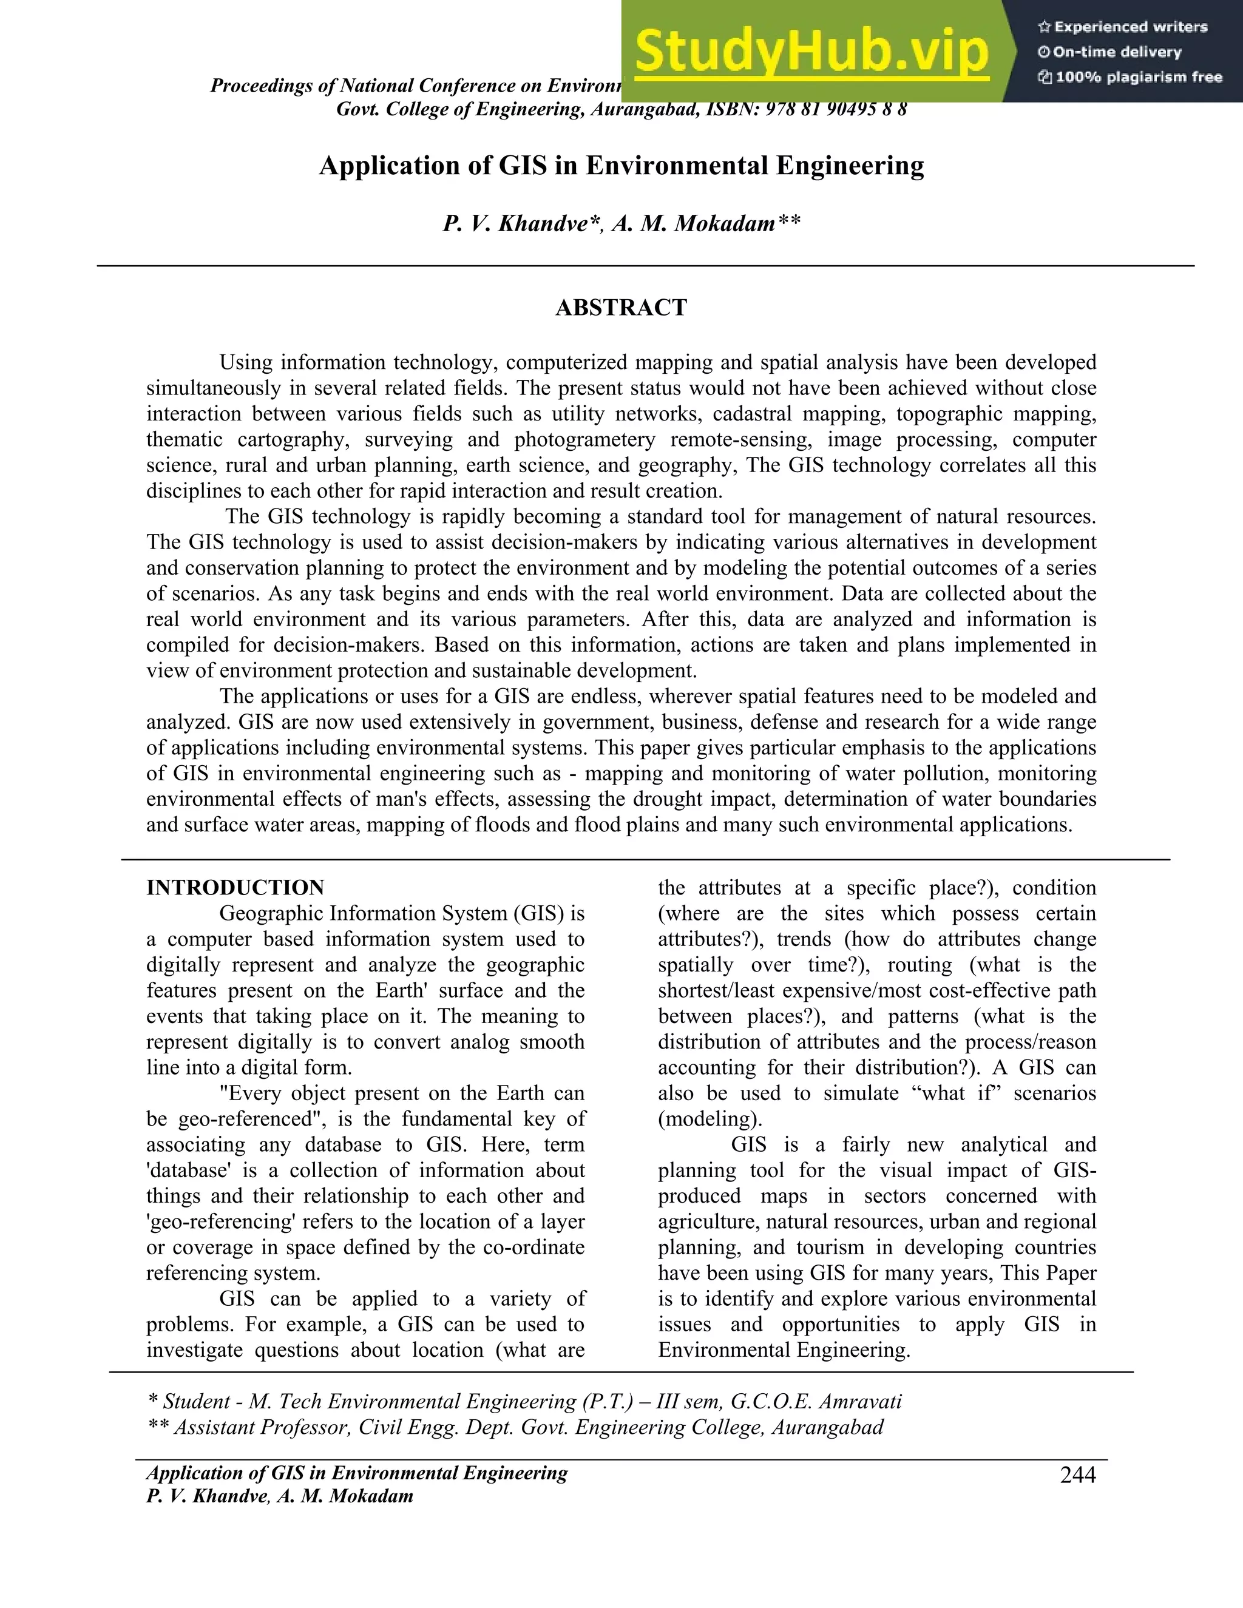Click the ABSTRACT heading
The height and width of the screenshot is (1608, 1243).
click(621, 308)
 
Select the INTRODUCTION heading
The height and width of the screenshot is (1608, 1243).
click(235, 887)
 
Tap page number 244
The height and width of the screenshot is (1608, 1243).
click(1077, 1475)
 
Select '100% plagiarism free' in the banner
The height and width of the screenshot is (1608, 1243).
click(1139, 77)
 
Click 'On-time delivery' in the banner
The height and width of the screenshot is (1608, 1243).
click(1116, 52)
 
